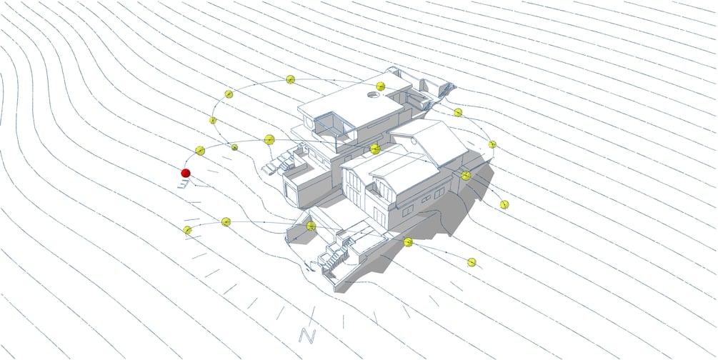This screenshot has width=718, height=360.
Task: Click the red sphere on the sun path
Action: pyautogui.click(x=186, y=173)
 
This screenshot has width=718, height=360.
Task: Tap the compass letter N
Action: pyautogui.click(x=307, y=336)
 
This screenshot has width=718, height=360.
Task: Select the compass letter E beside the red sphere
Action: pyautogui.click(x=184, y=184)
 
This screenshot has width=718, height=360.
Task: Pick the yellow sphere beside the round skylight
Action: pyautogui.click(x=381, y=86)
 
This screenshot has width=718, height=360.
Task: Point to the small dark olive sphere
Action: pyautogui.click(x=234, y=147)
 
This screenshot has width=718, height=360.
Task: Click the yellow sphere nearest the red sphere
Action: pyautogui.click(x=200, y=151)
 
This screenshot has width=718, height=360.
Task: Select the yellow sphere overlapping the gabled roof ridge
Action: pyautogui.click(x=375, y=149)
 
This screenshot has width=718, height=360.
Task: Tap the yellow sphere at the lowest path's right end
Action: pyautogui.click(x=472, y=262)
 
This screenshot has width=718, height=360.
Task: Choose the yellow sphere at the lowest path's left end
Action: pyautogui.click(x=187, y=230)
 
